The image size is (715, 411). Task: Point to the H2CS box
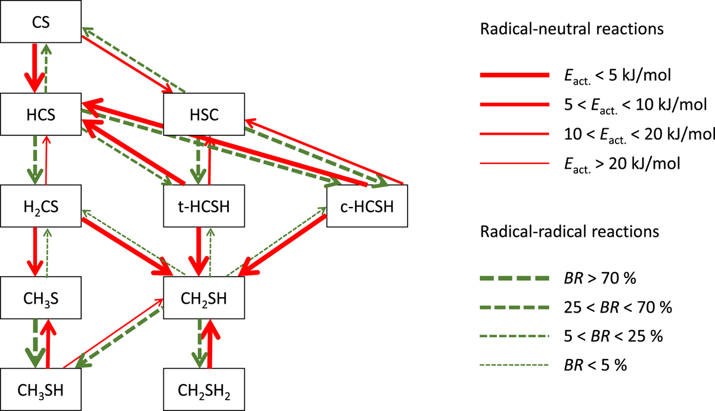[x=40, y=206]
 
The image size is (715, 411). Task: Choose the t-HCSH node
[x=203, y=206]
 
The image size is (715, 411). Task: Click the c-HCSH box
[x=366, y=206]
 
